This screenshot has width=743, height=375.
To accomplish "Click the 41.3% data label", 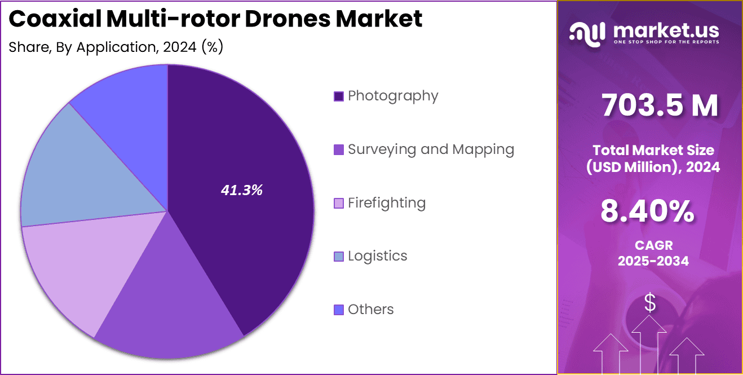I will (241, 191).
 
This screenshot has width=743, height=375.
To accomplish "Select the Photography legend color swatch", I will (338, 96).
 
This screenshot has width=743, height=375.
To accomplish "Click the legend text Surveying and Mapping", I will (431, 149).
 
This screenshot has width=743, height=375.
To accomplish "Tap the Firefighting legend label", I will (386, 202).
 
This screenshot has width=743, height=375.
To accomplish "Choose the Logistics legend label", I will (377, 256).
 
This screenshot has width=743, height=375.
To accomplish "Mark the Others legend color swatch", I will (338, 310).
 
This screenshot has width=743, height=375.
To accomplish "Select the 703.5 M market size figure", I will (660, 105).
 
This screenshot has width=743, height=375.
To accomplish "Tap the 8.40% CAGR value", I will (647, 212).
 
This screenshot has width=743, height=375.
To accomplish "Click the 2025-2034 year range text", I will (653, 261).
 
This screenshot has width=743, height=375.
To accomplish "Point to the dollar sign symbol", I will (650, 303).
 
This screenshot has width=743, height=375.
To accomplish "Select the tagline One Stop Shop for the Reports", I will (666, 42).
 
